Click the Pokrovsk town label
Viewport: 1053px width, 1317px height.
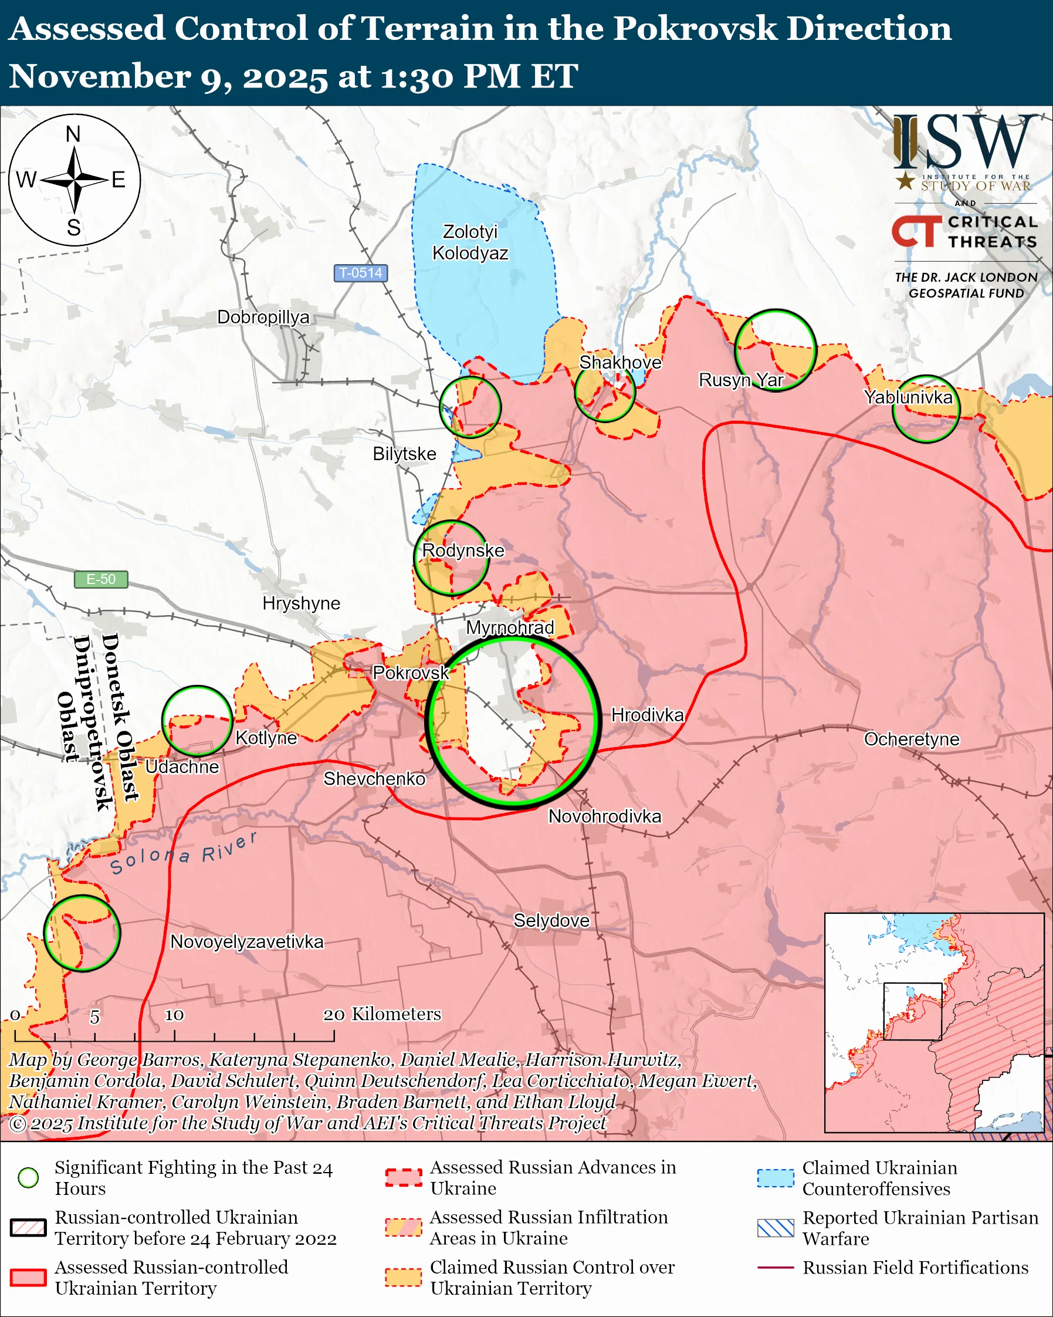[x=411, y=673]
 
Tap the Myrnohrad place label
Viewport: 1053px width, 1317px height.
[x=510, y=627]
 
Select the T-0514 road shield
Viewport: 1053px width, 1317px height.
[x=360, y=272]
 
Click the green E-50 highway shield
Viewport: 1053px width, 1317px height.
[x=101, y=579]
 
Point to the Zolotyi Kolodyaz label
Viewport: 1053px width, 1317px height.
[x=470, y=242]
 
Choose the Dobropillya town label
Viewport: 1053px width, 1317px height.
[x=263, y=317]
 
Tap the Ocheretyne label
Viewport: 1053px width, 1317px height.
[x=912, y=739]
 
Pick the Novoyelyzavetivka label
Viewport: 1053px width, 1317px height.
[x=246, y=941]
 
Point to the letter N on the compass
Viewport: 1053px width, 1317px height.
[x=73, y=134]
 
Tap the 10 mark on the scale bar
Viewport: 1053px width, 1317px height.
[x=174, y=1015]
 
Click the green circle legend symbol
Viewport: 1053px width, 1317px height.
[x=28, y=1177]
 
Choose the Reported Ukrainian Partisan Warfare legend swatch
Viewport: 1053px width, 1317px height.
[x=776, y=1228]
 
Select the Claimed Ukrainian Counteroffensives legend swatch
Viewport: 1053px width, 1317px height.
[x=776, y=1178]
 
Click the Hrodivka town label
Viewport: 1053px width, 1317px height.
[x=647, y=715]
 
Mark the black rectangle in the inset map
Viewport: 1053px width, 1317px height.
[x=913, y=1011]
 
